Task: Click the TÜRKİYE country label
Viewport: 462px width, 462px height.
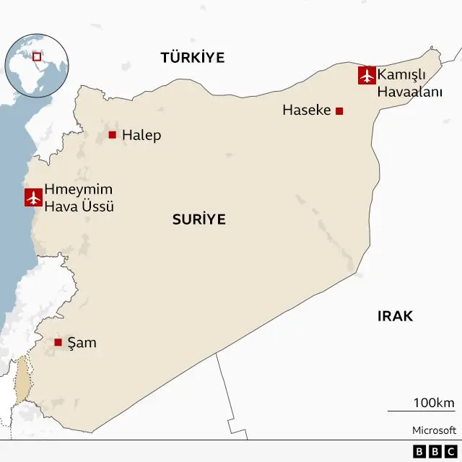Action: [x=193, y=58]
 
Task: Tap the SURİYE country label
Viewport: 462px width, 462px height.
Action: [x=199, y=219]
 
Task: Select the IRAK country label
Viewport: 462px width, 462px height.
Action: [x=395, y=316]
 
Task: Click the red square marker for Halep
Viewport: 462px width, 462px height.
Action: [x=112, y=135]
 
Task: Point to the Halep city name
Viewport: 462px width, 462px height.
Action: [x=141, y=135]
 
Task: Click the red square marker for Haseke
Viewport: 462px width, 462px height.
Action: [x=339, y=110]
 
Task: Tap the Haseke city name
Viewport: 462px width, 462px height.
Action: [x=306, y=110]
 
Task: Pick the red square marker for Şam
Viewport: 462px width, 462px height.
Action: [x=58, y=342]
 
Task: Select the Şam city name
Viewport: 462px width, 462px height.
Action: [x=82, y=342]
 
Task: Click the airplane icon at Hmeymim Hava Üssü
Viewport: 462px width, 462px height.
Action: [x=33, y=197]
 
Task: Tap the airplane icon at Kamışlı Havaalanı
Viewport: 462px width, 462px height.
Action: [x=367, y=75]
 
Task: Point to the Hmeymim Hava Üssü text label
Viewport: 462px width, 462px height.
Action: [x=79, y=198]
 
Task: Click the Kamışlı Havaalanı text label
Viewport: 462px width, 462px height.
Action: [x=409, y=83]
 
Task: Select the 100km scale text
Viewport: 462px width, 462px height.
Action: [x=433, y=403]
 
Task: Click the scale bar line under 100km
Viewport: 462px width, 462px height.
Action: [x=421, y=411]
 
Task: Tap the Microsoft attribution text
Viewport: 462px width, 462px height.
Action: [x=434, y=430]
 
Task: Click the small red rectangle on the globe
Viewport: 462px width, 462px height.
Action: [x=37, y=55]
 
